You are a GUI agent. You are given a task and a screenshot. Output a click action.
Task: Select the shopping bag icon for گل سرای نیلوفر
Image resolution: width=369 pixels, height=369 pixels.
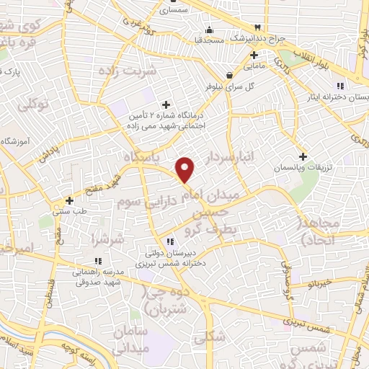(x=230, y=74)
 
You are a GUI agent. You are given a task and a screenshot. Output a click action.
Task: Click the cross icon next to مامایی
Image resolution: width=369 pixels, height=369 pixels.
(x=254, y=55)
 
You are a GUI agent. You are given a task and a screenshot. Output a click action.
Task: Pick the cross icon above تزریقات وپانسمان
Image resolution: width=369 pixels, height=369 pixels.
(x=303, y=156)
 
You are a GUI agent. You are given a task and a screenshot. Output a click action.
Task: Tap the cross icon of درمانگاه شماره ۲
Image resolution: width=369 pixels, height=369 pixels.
(x=166, y=105)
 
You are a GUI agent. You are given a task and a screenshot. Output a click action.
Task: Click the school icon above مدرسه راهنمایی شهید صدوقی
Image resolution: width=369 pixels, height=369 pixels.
(x=97, y=262)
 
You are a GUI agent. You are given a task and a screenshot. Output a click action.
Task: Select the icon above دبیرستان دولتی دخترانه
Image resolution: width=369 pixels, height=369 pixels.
(x=169, y=242)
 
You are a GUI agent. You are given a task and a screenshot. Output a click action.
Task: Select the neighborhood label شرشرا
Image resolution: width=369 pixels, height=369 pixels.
(x=108, y=238)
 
